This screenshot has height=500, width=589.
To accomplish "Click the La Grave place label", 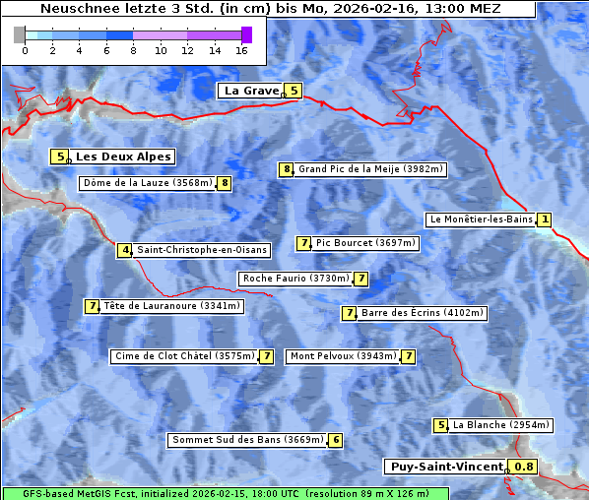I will (x=251, y=91).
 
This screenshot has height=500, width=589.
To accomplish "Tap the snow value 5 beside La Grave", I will (x=294, y=91).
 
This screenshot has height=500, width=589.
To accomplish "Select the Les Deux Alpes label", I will (x=124, y=156).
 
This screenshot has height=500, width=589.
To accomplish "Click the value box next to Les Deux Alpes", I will (x=60, y=156).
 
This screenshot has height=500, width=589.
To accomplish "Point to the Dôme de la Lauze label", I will (x=148, y=183).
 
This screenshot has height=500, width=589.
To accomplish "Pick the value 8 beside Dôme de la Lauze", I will (x=225, y=183).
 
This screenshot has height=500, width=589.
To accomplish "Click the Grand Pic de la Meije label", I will (x=371, y=169).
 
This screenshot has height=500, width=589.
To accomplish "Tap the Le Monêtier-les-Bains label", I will (x=480, y=219).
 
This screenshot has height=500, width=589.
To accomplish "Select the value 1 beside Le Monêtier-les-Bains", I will (x=545, y=219).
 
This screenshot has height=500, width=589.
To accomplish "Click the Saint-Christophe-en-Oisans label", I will (x=202, y=250).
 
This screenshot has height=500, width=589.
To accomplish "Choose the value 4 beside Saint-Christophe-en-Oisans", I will (x=125, y=250).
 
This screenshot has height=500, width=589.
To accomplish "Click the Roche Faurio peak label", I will (x=295, y=279).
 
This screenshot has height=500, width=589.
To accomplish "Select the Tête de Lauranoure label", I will (x=171, y=306).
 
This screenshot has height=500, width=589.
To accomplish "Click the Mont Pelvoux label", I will (x=343, y=356).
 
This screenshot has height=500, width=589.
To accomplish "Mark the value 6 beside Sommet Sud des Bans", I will (x=336, y=440).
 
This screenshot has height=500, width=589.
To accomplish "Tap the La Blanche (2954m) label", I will (x=500, y=425).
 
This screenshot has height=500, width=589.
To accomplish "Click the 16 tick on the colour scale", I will (x=241, y=49).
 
